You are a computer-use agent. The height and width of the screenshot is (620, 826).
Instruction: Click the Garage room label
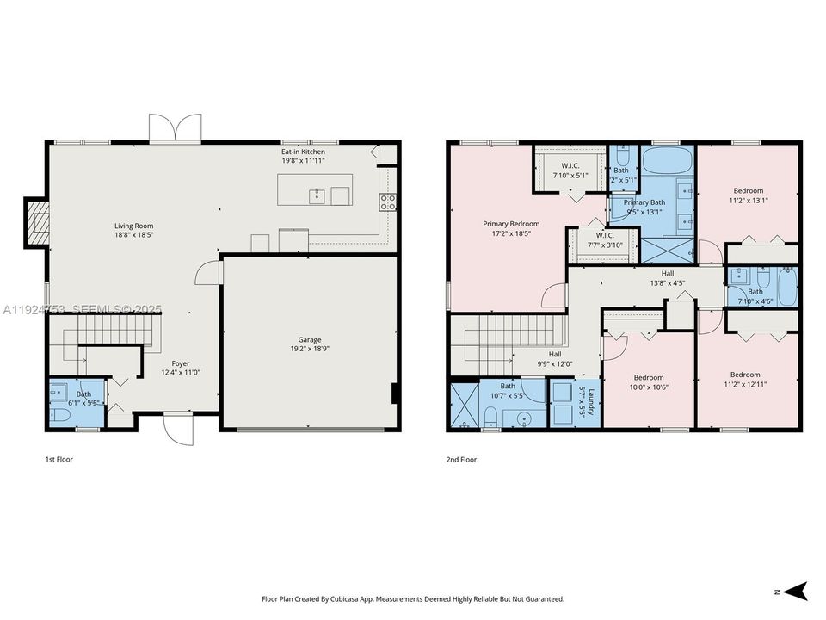[x=310, y=340]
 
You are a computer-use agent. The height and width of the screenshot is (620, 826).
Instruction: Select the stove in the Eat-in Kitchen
[x=388, y=202]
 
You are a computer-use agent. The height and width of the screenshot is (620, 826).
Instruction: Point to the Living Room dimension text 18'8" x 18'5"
[x=133, y=235]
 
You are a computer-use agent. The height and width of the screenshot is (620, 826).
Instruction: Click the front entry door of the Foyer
[x=179, y=427]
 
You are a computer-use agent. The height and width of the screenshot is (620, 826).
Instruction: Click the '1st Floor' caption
[x=59, y=460]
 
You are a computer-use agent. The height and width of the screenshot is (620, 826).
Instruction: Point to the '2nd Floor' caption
[x=461, y=460]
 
